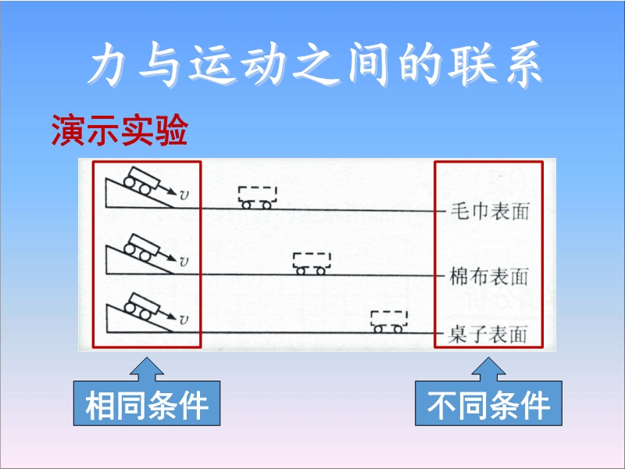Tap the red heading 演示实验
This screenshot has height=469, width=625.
coord(119,131)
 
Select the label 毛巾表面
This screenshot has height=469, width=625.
coord(490,213)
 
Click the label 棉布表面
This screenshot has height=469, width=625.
coord(490,276)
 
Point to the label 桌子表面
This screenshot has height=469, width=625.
coord(490,335)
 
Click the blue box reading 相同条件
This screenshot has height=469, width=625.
coord(147,405)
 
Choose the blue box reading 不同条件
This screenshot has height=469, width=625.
coord(489,405)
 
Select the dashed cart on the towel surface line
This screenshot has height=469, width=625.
coord(257,198)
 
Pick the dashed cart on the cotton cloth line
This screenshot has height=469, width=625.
coord(311,263)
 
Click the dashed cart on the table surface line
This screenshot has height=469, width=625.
coord(388,320)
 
